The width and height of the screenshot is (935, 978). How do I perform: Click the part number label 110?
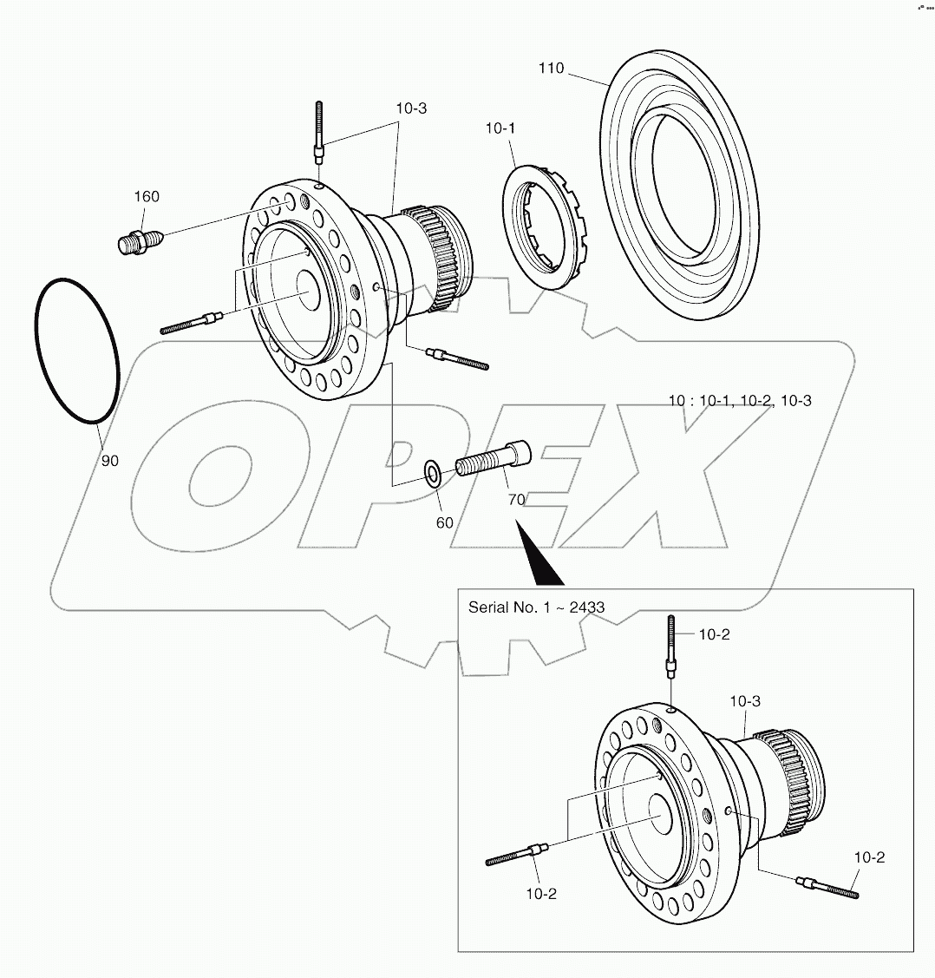coord(551,68)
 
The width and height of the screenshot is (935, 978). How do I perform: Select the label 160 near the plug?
coord(147,196)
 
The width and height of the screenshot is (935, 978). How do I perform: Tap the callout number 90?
coord(109,461)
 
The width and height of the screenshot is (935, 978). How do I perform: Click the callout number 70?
coord(516,500)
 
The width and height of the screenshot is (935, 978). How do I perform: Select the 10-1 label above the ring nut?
coord(500,128)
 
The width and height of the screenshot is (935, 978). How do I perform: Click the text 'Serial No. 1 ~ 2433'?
coord(536,607)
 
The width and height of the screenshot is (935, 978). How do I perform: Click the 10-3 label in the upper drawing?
coord(411,108)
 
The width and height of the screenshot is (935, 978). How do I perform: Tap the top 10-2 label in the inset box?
coord(714,634)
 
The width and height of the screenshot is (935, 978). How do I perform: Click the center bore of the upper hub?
coord(308,287)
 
